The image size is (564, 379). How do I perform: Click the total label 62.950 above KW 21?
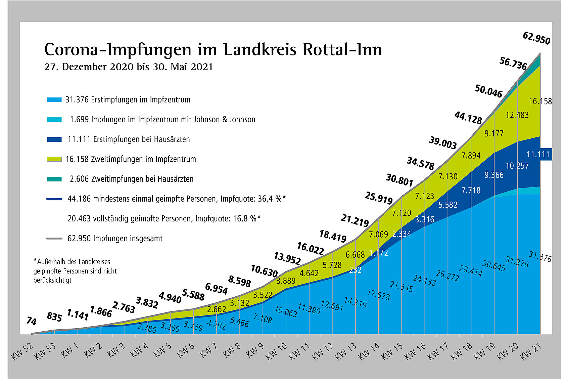click(x=536, y=38)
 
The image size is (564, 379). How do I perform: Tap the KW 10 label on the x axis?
click(x=276, y=351)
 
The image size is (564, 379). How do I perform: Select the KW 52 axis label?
click(x=22, y=351)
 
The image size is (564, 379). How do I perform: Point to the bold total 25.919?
click(x=379, y=198)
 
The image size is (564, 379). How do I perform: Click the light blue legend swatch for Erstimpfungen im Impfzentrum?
click(x=54, y=100)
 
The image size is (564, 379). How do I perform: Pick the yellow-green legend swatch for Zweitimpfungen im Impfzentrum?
click(x=54, y=159)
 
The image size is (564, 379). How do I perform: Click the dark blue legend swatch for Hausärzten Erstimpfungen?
click(x=54, y=139)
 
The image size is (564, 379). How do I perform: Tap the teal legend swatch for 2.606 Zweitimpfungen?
click(x=54, y=179)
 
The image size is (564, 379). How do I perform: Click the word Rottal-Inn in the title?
click(x=342, y=50)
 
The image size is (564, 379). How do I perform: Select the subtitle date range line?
click(x=129, y=67)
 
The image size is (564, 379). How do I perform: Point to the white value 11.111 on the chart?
click(x=538, y=155)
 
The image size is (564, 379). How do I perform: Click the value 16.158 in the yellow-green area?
click(x=540, y=101)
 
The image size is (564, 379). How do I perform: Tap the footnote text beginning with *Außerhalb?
click(x=75, y=271)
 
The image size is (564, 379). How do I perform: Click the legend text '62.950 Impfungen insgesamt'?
click(x=115, y=239)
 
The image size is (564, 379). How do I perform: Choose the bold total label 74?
click(x=31, y=321)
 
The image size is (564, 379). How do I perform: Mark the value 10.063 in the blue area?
click(x=286, y=312)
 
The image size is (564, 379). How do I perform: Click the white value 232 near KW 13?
click(x=355, y=270)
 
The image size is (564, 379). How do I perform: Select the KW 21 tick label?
click(x=531, y=351)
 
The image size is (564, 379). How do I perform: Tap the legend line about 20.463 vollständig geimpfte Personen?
click(x=164, y=219)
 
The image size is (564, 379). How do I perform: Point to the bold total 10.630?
click(x=264, y=271)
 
